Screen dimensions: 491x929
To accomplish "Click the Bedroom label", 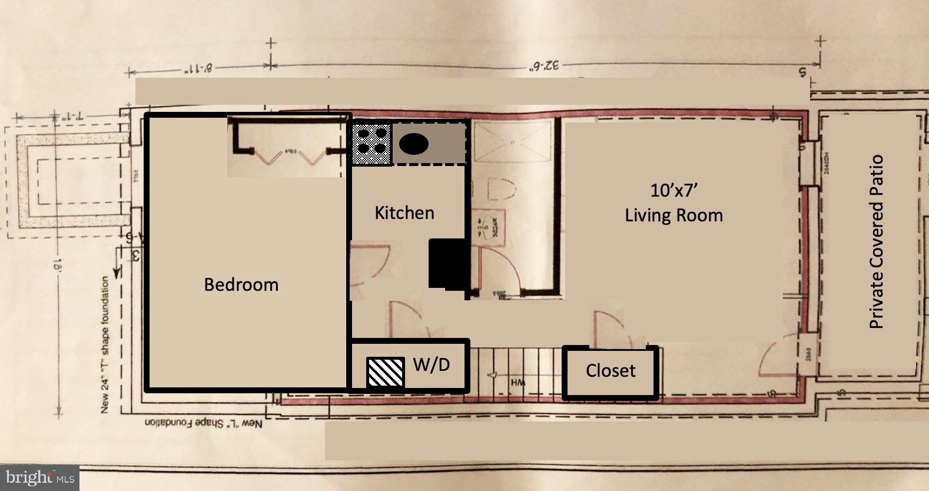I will (241, 285).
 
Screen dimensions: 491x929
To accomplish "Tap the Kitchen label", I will (404, 213).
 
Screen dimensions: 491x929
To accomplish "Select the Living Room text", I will (673, 215).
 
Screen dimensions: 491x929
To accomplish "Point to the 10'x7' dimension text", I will (673, 190).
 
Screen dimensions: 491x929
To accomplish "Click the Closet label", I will (611, 371).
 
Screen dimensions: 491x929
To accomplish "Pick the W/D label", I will (431, 365).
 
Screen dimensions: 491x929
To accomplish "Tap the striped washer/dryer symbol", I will (386, 372).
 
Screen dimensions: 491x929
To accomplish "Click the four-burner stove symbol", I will (372, 144).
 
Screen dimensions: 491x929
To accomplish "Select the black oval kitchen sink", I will (414, 144).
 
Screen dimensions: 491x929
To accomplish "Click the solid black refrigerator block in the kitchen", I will (447, 264).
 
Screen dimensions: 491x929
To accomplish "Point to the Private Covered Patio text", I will (877, 241).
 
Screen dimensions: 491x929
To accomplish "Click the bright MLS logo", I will (38, 477).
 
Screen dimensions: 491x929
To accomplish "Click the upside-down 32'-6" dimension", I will (545, 65).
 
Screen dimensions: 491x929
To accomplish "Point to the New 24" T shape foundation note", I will (105, 344).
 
